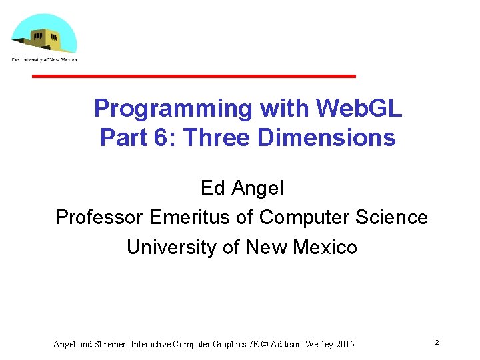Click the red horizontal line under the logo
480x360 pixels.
click(194, 77)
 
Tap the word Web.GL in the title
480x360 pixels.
click(359, 108)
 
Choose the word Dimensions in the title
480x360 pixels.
click(326, 138)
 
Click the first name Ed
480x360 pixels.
click(213, 189)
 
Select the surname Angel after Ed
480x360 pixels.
click(257, 189)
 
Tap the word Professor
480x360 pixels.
click(100, 218)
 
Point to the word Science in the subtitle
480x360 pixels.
click(393, 218)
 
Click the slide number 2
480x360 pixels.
click(437, 342)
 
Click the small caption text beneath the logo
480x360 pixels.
click(44, 60)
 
